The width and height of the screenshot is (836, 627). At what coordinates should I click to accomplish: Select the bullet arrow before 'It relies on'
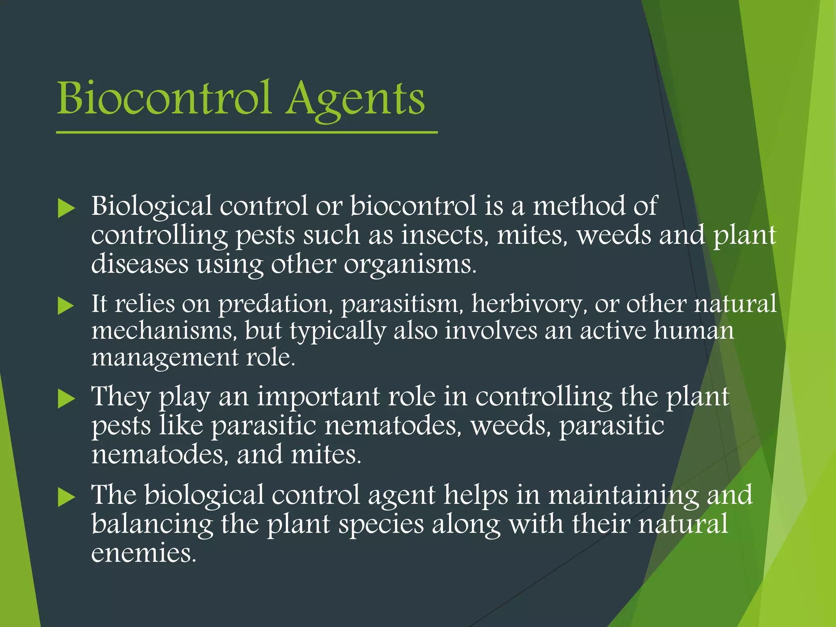(66, 306)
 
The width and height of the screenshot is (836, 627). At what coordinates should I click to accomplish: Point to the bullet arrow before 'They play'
(66, 398)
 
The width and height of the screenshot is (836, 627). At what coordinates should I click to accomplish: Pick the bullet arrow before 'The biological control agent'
(66, 497)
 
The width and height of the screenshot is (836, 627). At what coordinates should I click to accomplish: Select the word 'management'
(165, 358)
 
